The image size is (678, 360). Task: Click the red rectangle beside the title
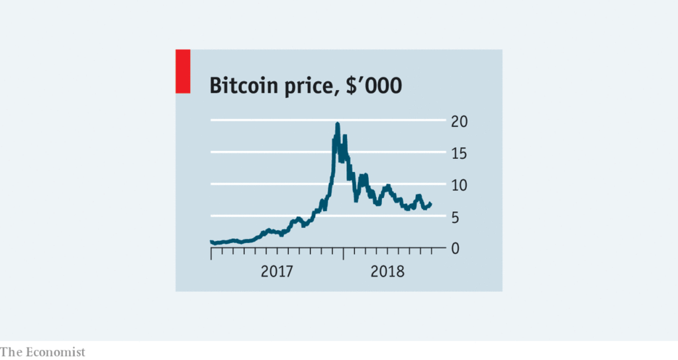coord(183,71)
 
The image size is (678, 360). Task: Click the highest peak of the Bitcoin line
coord(338,124)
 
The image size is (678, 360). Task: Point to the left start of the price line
coord(211,242)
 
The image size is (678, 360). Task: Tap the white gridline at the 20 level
coord(265,120)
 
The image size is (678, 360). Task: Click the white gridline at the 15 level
coord(265,152)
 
